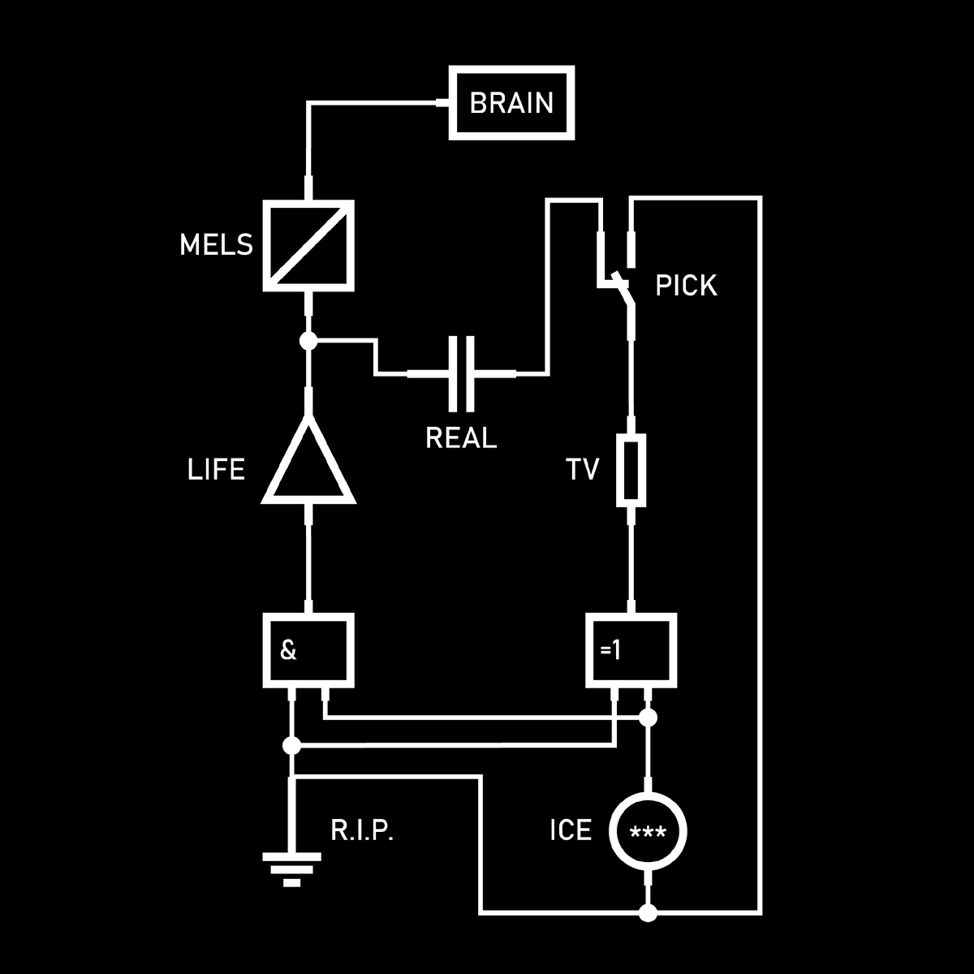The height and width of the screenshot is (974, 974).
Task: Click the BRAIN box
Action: (x=511, y=103)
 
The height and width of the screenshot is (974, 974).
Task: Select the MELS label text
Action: (x=216, y=245)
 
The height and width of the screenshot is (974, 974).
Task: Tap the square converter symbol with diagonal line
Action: (x=308, y=245)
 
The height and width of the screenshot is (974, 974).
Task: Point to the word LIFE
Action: (x=216, y=470)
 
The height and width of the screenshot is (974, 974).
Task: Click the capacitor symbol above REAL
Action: (x=461, y=373)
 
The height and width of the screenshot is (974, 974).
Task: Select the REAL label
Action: (x=461, y=438)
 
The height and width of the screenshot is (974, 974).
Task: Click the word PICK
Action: (x=686, y=286)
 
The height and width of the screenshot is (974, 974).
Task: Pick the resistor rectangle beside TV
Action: (x=631, y=469)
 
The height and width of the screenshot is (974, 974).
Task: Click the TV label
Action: (x=583, y=469)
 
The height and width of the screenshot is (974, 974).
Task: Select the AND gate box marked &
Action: (x=308, y=650)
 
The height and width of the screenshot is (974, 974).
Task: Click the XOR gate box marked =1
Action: (x=631, y=650)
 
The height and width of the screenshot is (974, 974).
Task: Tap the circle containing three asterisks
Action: (x=648, y=832)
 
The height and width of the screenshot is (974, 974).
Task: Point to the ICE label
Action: (x=571, y=831)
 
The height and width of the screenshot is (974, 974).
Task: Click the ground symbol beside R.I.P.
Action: (x=291, y=868)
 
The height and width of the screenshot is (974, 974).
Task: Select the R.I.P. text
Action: (x=362, y=831)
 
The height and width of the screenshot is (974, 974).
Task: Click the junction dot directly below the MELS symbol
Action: (x=308, y=341)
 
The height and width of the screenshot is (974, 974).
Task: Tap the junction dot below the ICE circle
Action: (x=648, y=913)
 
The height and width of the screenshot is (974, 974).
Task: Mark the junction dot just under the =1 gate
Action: (x=648, y=718)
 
